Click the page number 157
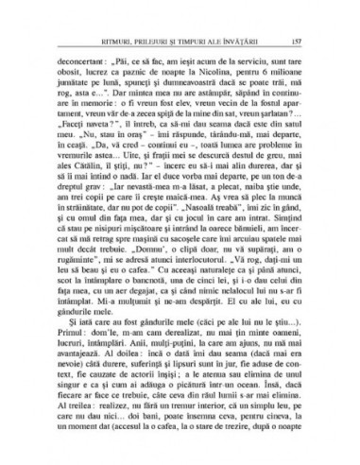[301, 41]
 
